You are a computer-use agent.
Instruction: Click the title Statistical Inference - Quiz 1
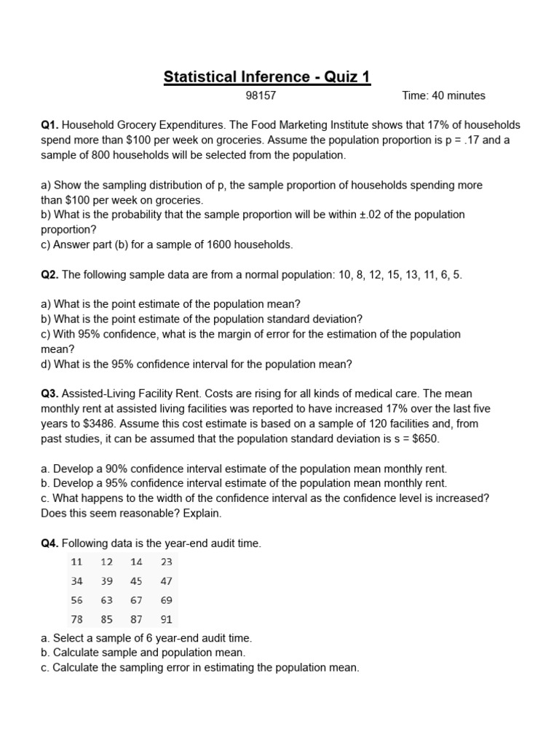(x=267, y=76)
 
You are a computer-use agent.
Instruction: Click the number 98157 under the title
(x=262, y=95)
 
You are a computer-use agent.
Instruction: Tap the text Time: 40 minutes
(x=443, y=95)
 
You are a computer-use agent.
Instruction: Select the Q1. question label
(x=50, y=125)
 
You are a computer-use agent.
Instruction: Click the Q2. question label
(x=50, y=274)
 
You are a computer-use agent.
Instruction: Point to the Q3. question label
(x=50, y=394)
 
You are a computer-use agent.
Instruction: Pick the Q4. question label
(x=50, y=543)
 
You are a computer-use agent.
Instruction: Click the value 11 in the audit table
(x=76, y=562)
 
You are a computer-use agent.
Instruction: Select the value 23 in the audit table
(x=166, y=562)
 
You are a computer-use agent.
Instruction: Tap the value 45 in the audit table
(x=136, y=581)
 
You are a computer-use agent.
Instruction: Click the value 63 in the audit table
(x=106, y=600)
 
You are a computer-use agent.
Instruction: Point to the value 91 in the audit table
(x=166, y=620)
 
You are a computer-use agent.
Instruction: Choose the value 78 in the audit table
(x=76, y=620)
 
